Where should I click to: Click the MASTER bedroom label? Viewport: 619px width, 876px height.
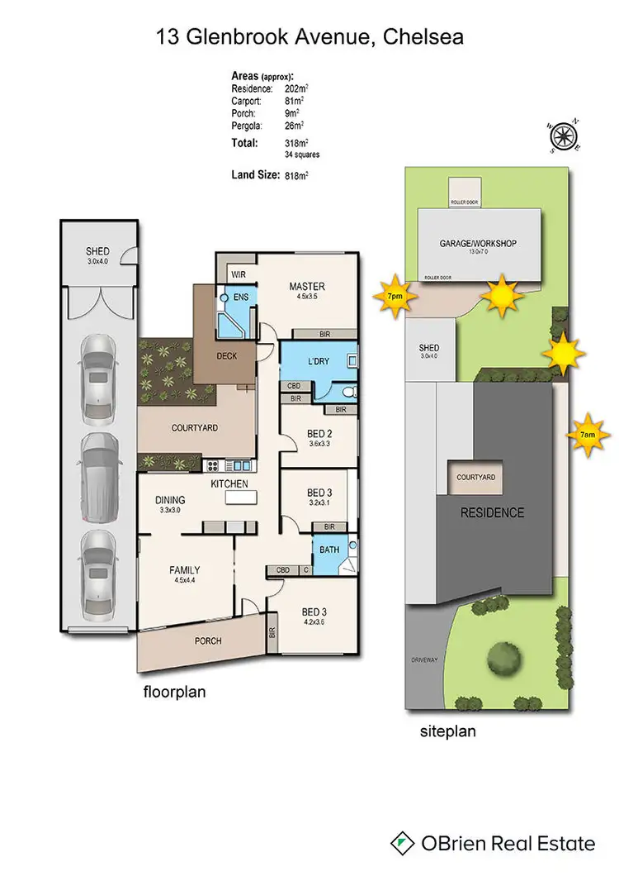[x=306, y=287]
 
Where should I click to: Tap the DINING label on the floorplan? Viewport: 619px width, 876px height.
[x=168, y=499]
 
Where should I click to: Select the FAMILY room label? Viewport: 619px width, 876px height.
[x=186, y=569]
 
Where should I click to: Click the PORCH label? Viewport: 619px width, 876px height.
[x=207, y=640]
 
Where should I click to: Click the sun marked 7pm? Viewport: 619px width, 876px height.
[x=395, y=295]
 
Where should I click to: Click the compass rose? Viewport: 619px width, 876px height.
[x=564, y=136]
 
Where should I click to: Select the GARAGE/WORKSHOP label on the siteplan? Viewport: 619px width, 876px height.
[x=478, y=243]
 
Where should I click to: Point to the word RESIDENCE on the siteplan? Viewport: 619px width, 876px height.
[x=492, y=512]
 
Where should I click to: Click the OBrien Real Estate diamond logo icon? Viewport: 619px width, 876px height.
[x=402, y=843]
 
